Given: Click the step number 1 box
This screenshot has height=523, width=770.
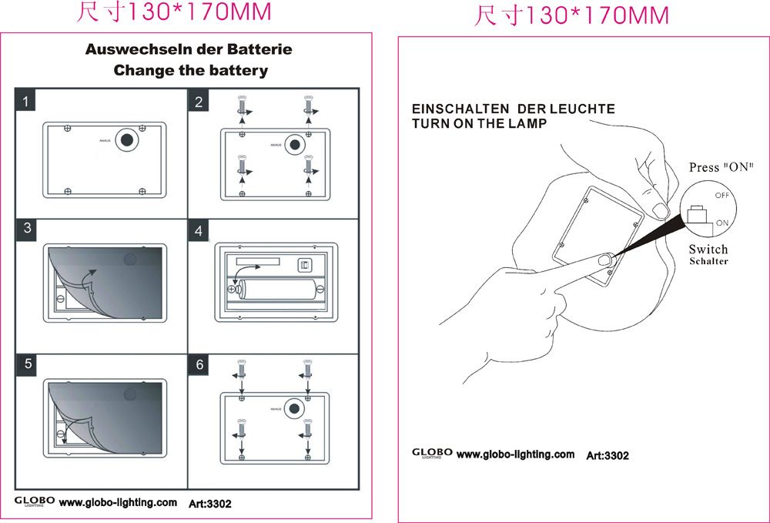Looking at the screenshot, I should coord(27,102).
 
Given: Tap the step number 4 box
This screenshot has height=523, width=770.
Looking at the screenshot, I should coord(199,231).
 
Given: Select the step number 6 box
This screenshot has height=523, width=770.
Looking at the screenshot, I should coord(199,364).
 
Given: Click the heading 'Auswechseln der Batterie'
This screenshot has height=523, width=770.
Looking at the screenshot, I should coord(189,49).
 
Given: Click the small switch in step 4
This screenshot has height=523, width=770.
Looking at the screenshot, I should coord(305,265).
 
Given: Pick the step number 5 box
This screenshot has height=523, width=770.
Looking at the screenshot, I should coord(27,364).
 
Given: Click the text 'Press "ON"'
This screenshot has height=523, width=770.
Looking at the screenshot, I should coord(721,167).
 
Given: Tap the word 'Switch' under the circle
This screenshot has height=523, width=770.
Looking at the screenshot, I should coord(708,249).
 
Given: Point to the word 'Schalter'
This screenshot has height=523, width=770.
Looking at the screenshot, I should coord(708,261).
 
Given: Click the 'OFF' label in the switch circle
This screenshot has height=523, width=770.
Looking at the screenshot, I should coord(721,196).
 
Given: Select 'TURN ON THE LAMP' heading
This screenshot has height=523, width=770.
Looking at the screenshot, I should coord(479,123).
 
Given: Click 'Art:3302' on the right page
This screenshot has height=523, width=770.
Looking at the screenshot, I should coord(608,455).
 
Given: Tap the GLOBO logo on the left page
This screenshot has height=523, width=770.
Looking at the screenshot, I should coord(35,501).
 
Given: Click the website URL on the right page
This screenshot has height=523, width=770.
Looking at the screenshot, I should coord(515,454).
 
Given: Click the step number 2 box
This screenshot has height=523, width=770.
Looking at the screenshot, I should coord(199,102).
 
